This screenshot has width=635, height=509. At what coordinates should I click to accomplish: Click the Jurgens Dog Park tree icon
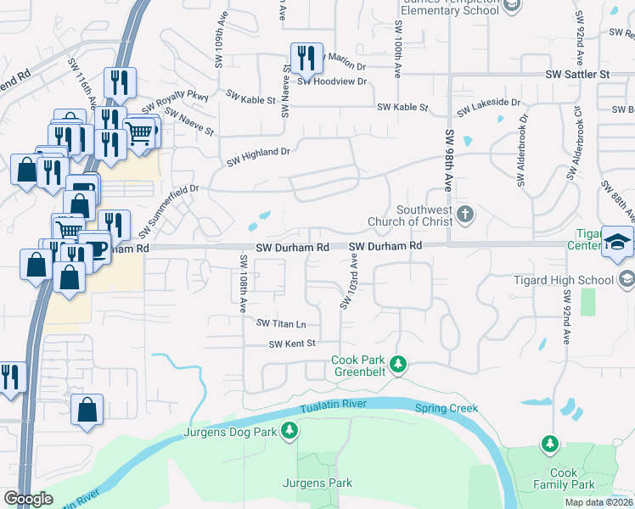290,432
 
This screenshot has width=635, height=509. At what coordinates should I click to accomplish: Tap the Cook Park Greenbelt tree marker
396,366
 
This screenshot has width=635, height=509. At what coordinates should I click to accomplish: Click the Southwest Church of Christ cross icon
464,215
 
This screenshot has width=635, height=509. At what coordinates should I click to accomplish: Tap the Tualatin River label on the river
333,404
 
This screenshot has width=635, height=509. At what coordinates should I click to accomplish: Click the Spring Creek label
447,408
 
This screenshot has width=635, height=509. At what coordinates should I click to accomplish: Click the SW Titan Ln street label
281,324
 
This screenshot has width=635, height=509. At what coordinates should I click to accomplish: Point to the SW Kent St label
292,344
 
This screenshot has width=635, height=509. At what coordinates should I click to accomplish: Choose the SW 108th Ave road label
243,280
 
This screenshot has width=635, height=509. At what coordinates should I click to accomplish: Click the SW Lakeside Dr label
488,107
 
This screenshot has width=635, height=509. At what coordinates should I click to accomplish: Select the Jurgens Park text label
317,483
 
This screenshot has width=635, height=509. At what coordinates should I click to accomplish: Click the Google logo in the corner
28,499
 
